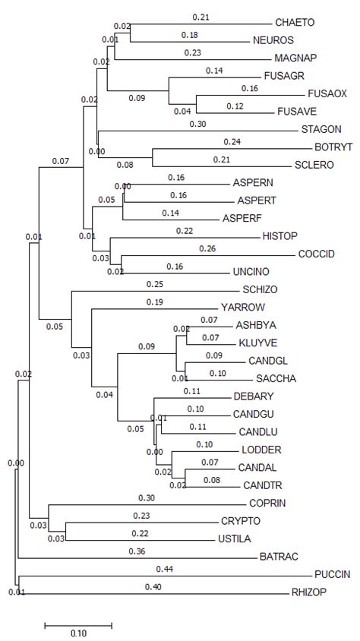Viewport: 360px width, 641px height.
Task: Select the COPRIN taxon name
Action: pos(267,503)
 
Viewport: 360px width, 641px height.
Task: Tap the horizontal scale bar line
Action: pos(78,625)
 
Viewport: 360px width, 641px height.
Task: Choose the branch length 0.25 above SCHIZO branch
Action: pos(154,284)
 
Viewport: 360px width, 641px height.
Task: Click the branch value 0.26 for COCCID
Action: pos(207,248)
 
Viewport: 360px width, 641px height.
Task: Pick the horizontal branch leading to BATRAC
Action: pos(137,557)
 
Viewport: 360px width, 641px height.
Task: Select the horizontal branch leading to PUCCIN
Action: pos(163,575)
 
